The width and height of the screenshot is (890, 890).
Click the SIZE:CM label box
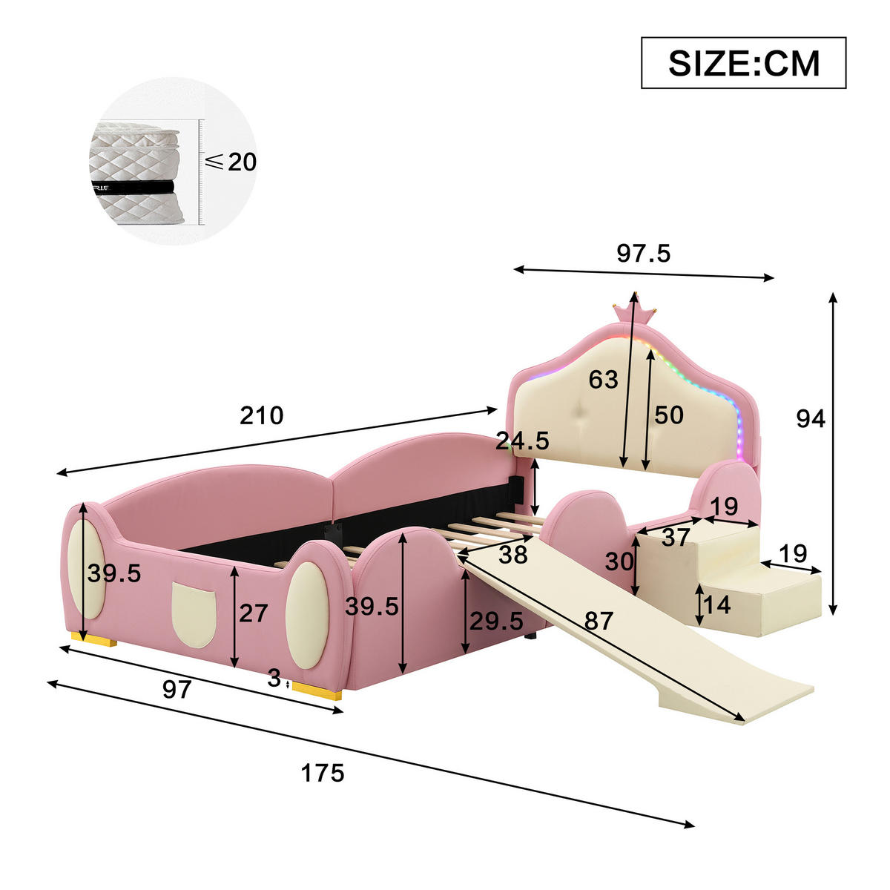743,63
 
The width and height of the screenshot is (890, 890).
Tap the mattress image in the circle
135,172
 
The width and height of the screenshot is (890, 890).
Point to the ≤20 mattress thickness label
231,162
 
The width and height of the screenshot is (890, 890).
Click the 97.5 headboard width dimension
643,254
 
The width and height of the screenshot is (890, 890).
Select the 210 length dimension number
261,415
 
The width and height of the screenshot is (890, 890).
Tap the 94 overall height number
810,419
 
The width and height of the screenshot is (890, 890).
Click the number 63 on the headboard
603,380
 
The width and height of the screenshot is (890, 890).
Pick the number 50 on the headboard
668,415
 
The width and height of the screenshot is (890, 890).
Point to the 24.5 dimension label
522,441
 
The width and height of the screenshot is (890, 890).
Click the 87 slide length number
598,619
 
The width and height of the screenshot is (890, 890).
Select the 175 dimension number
323,774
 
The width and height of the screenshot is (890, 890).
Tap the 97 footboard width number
177,690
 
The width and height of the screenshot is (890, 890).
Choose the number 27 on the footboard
253,613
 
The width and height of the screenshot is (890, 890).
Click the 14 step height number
717,605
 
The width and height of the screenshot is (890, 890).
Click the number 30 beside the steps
619,561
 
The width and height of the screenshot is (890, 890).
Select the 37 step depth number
675,537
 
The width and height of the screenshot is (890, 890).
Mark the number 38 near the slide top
512,553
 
